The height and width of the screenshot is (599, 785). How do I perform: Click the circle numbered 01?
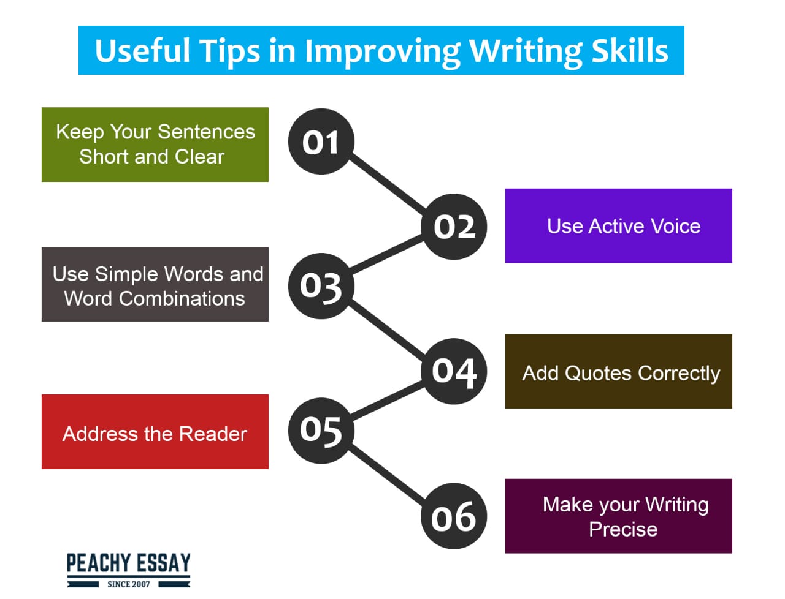point(321,141)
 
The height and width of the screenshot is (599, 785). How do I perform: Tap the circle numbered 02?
point(454,227)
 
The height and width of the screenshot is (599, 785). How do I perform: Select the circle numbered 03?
point(321,286)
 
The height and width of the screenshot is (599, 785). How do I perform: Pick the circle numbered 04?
point(454,372)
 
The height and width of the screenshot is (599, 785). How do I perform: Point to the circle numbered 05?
point(321,431)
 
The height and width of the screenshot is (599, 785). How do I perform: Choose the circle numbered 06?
point(454,516)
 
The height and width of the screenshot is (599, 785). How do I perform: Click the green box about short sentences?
point(155,145)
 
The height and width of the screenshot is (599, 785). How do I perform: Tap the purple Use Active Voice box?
point(619,226)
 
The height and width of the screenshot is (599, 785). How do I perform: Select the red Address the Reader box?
point(155,432)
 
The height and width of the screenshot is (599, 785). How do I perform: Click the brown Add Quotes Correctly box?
point(619,372)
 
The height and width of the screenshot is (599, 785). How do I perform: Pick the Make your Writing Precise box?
point(619,516)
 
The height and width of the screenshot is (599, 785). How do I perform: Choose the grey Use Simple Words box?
point(155,284)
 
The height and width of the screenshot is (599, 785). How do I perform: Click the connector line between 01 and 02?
point(387,184)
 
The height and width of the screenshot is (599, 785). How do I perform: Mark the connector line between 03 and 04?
point(387,329)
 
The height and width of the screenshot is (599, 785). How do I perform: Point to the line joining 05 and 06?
point(387,473)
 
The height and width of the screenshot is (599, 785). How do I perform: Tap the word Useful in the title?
point(142,50)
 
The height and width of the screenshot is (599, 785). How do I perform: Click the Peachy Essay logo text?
point(129,563)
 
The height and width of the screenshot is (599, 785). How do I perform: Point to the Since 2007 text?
point(129,584)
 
